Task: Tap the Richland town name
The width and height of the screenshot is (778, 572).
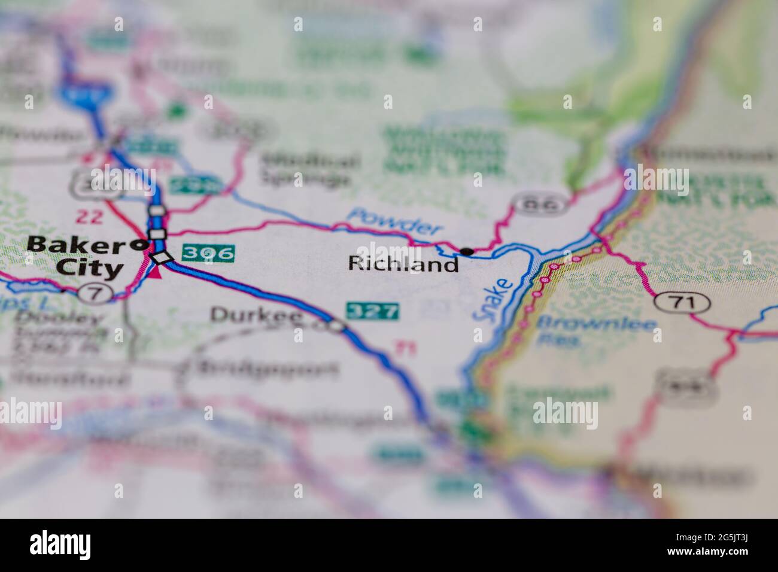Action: point(404,264)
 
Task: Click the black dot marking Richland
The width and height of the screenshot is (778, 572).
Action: point(467,251)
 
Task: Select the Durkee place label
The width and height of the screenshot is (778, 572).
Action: point(256,316)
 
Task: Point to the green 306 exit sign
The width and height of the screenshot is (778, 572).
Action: point(208,253)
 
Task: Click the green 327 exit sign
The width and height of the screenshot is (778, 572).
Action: point(372,311)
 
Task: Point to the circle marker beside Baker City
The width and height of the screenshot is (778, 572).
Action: point(141,244)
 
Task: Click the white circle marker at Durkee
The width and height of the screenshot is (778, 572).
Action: point(336,326)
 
